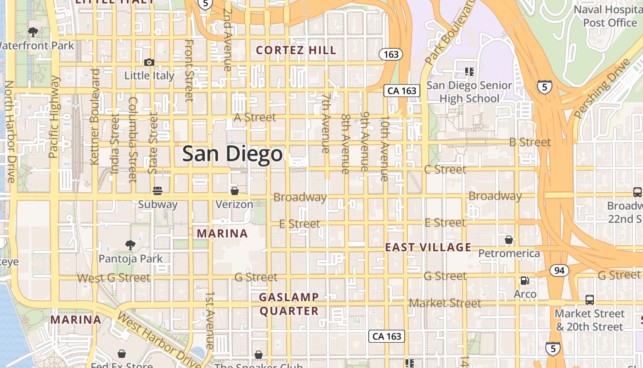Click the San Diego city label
pos(232,154)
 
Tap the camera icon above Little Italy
pos(149,62)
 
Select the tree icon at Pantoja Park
pos(130,244)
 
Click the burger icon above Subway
pos(158,190)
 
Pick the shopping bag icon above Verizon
pos(234,190)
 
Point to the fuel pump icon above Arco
pos(525,280)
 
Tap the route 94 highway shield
pos(559,270)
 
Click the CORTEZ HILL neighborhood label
pos(296,50)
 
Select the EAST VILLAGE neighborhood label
pos(428,247)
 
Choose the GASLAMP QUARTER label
pos(289,304)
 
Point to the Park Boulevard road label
pos(449,32)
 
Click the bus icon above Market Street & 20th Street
pos(590,300)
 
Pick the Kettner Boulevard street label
pos(95,117)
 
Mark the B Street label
pos(530,142)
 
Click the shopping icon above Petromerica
pos(508,240)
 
